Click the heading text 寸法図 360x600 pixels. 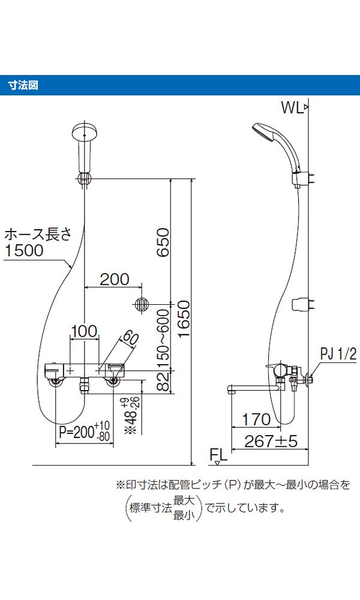click(x=23, y=85)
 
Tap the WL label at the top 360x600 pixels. click(x=292, y=107)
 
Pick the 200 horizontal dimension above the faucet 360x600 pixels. click(x=114, y=279)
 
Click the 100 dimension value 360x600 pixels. click(x=84, y=331)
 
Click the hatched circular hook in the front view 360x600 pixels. click(x=142, y=304)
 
